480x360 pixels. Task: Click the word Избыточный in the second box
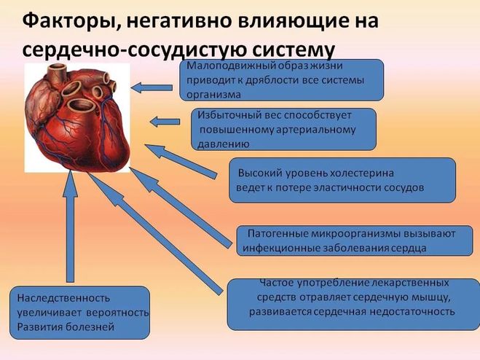pos(224,115)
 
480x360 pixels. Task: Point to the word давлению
pos(224,144)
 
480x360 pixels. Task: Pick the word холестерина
pos(361,173)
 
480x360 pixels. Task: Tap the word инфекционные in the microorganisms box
pos(272,249)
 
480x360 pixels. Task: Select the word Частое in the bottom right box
pos(277,282)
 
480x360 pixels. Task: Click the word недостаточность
pos(412,312)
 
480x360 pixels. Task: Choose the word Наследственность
pos(63,298)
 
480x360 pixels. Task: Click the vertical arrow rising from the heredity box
pos(70,226)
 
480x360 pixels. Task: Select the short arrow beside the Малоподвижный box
pos(152,88)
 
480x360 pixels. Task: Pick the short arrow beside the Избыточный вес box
pos(165,122)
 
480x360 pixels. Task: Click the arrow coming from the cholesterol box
pos(181,162)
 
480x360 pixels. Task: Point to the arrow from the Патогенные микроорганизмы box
pos(181,208)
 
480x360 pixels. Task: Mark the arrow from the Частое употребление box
pos(155,234)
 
